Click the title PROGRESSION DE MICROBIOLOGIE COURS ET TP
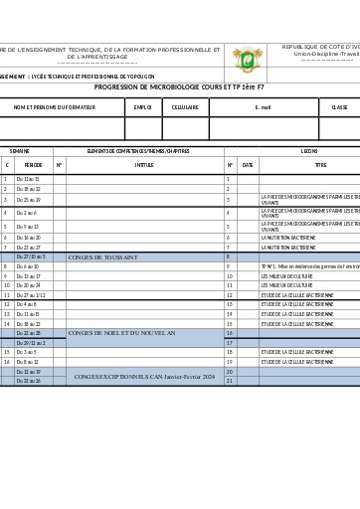coord(180,87)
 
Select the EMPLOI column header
coord(143,106)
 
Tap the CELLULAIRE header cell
coord(185,106)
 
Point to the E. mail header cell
coord(263,106)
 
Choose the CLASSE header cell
coord(339,106)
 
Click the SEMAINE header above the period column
coord(20,151)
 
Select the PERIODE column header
coord(33,165)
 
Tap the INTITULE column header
coord(144,165)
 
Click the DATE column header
coord(248,165)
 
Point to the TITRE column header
coord(320,165)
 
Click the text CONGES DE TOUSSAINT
coord(103,257)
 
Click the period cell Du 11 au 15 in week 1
coord(29,180)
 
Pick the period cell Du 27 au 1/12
coord(31,295)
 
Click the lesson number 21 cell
coord(229,381)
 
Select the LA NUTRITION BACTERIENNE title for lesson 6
coord(288,239)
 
